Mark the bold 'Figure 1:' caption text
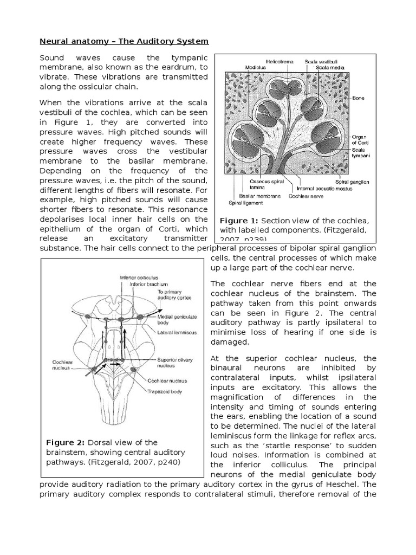239,221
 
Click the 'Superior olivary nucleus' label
175,362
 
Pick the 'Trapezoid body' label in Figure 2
163,390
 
